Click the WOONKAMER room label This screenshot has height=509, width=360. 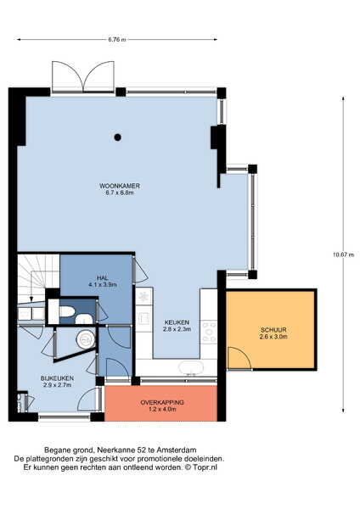tap(120, 186)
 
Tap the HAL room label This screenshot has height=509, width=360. tap(103, 278)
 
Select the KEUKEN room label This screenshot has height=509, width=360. tap(177, 322)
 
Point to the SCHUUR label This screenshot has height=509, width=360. tap(273, 330)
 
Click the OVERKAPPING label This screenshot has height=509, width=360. tap(162, 402)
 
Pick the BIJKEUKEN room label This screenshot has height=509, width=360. tap(57, 378)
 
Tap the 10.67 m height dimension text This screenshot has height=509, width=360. tap(343, 255)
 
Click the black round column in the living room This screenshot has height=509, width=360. tap(118, 137)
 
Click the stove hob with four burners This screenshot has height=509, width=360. tap(209, 331)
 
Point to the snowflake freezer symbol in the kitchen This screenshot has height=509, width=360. tap(143, 296)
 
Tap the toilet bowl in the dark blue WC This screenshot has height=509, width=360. tap(67, 311)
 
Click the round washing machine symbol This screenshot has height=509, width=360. tap(86, 339)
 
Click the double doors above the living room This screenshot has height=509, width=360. tap(83, 76)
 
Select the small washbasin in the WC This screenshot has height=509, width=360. tap(84, 319)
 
